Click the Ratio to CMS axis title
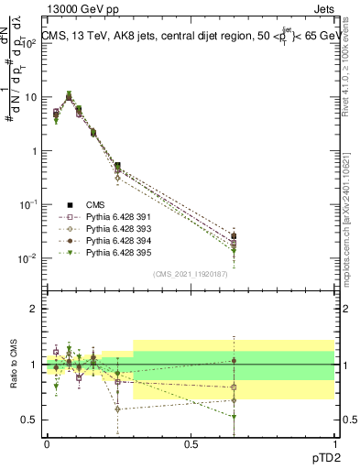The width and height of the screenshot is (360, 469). tap(14, 365)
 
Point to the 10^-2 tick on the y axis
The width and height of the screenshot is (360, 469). tap(27, 258)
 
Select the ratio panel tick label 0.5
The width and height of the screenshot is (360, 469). tap(29, 420)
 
